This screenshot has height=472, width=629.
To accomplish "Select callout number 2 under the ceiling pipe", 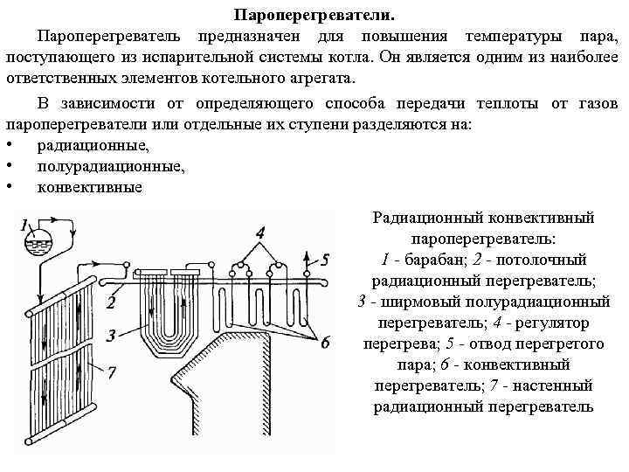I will click(112, 302).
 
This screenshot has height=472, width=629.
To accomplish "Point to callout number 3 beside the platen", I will click(111, 336).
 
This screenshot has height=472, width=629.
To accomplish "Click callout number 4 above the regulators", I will click(260, 232).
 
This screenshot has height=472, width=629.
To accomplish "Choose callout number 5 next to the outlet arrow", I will click(324, 259).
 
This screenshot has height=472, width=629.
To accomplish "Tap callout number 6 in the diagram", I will click(325, 344).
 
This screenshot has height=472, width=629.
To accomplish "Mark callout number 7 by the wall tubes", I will click(111, 373).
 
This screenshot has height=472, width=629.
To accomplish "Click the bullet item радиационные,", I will click(93, 145).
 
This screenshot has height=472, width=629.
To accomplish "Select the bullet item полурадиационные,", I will click(111, 166).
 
